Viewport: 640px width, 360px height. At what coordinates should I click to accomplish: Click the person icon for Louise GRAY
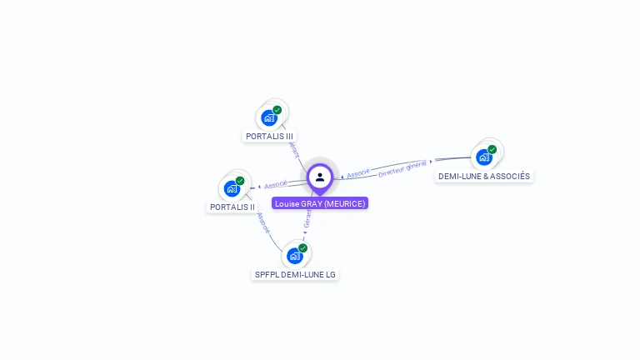pyautogui.click(x=320, y=177)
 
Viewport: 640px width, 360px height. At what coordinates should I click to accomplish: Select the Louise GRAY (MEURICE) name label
pyautogui.click(x=320, y=203)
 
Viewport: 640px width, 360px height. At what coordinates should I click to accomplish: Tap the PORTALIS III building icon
pyautogui.click(x=269, y=117)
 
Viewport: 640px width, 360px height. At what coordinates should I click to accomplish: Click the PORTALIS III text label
pyautogui.click(x=269, y=136)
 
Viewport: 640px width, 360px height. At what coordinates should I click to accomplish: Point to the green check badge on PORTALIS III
pyautogui.click(x=277, y=110)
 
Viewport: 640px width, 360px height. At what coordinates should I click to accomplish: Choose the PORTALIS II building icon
pyautogui.click(x=232, y=188)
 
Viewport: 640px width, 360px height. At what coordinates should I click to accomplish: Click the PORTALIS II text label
pyautogui.click(x=232, y=207)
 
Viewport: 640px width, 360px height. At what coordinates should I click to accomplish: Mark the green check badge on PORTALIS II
pyautogui.click(x=240, y=181)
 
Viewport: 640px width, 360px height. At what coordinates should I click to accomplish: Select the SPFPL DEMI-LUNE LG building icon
pyautogui.click(x=294, y=256)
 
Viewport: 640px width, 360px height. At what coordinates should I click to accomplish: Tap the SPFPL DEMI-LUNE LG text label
pyautogui.click(x=296, y=274)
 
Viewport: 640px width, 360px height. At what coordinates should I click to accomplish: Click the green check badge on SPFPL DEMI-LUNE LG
pyautogui.click(x=303, y=248)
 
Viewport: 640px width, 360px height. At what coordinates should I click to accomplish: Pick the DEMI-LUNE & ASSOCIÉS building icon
pyautogui.click(x=483, y=157)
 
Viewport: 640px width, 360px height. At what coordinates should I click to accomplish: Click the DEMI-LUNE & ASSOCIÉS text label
pyautogui.click(x=484, y=176)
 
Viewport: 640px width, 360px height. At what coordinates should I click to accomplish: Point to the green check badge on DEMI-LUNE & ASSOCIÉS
pyautogui.click(x=492, y=149)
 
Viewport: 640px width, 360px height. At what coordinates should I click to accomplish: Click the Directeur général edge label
pyautogui.click(x=402, y=168)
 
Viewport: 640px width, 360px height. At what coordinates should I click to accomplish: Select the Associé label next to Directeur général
pyautogui.click(x=358, y=174)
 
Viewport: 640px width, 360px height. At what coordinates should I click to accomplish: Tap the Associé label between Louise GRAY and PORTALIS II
pyautogui.click(x=276, y=184)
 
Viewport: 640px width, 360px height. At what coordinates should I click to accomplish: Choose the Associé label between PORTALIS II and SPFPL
pyautogui.click(x=263, y=222)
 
